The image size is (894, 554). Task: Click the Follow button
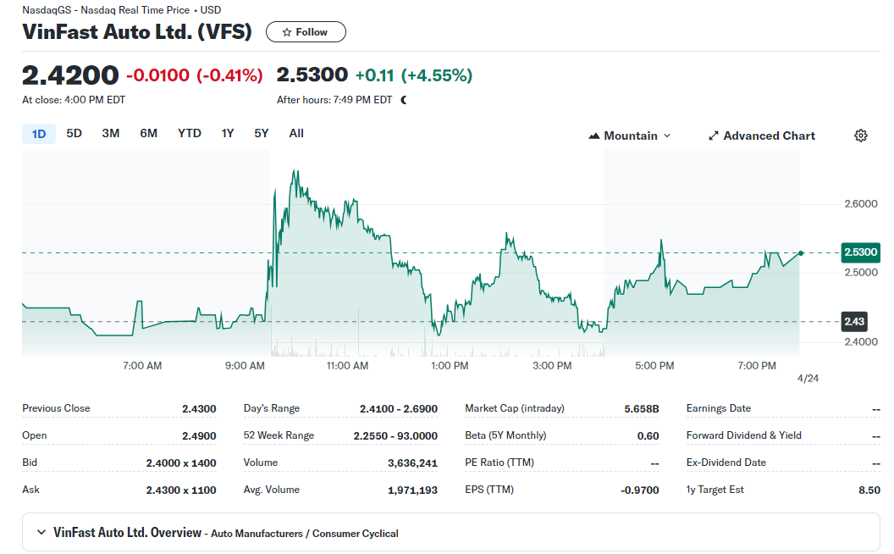tap(306, 32)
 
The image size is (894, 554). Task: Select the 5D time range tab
tap(74, 133)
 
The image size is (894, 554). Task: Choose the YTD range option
tap(190, 133)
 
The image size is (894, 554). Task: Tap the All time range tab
tap(296, 133)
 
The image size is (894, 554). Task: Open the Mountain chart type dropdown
tap(630, 136)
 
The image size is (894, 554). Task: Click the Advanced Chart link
tap(761, 136)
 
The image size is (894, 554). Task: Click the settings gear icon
tap(861, 136)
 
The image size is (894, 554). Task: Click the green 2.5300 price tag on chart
tap(860, 252)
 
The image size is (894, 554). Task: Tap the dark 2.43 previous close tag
tap(854, 322)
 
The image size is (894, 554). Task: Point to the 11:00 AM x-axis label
tap(347, 366)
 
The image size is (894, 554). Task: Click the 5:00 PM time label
tap(654, 366)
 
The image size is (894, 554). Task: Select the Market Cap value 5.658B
tap(641, 408)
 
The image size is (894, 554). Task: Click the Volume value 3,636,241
tap(412, 463)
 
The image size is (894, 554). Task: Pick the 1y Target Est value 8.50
tap(869, 490)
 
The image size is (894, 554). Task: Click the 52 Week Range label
tap(279, 435)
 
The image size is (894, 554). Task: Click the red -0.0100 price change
tap(157, 75)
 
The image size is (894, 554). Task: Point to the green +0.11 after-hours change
tap(374, 75)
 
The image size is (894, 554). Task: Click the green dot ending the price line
tap(801, 252)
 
